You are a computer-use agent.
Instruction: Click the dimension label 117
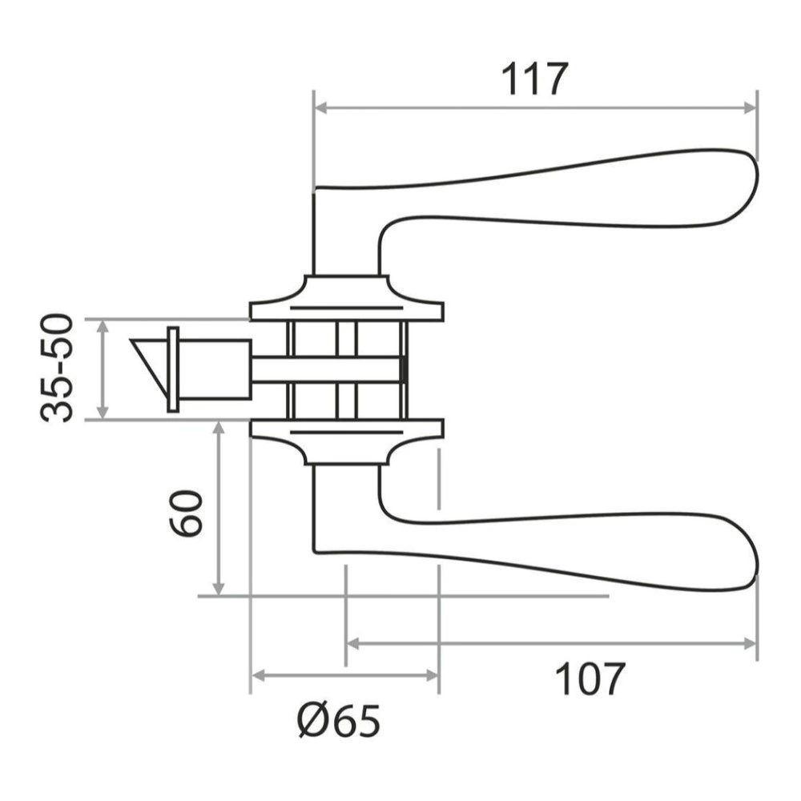(534, 78)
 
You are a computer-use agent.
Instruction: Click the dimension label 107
(590, 680)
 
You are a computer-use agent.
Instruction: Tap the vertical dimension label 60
(185, 512)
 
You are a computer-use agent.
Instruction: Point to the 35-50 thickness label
(58, 368)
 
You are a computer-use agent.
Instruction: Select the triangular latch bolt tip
(150, 359)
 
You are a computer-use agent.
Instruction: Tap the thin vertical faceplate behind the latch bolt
(172, 369)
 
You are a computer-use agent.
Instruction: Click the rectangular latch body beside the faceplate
(215, 368)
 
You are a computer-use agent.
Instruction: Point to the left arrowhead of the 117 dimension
(320, 107)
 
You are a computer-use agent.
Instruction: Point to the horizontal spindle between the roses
(328, 368)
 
